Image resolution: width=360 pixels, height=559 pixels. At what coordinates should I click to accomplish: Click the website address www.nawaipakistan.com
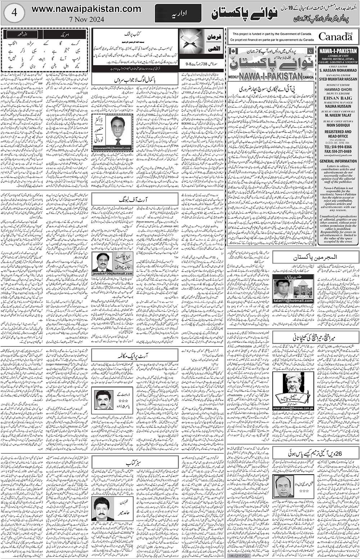[x=86, y=9]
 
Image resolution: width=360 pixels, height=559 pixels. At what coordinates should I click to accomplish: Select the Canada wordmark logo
[x=335, y=36]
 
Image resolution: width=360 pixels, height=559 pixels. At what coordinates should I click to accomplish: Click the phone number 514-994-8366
[x=339, y=147]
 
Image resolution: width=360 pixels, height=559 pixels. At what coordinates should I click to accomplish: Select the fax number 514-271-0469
[x=339, y=152]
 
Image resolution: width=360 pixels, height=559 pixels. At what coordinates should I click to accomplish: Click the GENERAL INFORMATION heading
[x=338, y=161]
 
